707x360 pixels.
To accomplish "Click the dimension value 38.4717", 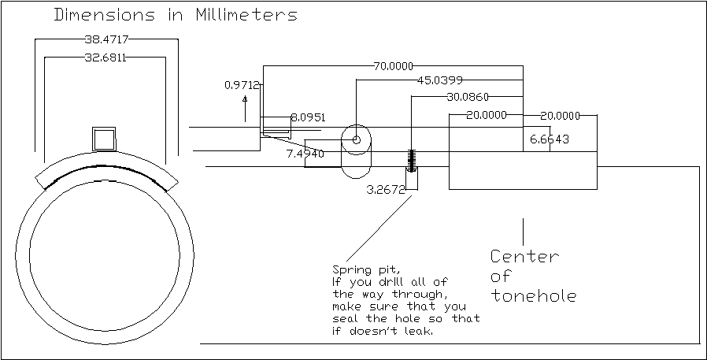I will tap(106, 39).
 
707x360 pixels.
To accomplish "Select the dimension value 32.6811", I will tap(106, 58).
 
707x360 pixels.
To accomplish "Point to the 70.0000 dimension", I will tap(394, 66).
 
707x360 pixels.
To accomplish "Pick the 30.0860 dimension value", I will tap(468, 98).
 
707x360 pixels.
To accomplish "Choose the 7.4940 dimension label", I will tap(305, 154).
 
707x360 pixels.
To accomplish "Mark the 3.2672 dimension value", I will tap(386, 190).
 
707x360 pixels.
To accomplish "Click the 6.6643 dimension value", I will tap(550, 139).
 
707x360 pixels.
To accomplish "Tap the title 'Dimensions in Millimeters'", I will tap(175, 15).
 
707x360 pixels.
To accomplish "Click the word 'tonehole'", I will tap(534, 296).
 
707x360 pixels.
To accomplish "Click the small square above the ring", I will tap(104, 139).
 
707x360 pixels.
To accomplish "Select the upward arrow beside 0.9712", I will tap(246, 107).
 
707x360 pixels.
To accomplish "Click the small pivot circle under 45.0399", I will tap(356, 139).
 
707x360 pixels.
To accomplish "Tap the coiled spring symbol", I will tap(410, 160).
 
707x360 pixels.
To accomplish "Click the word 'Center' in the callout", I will tap(524, 257).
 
